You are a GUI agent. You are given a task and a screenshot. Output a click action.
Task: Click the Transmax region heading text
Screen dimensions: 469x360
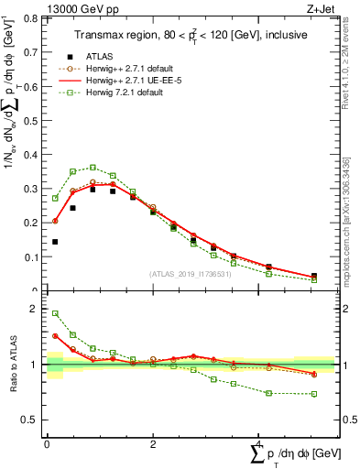(191, 35)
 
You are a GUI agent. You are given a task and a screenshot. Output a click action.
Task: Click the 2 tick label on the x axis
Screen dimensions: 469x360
(152, 444)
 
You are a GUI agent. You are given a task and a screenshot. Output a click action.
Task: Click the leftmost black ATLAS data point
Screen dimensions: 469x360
(55, 242)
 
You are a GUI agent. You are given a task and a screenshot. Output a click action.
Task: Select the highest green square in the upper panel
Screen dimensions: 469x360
(93, 168)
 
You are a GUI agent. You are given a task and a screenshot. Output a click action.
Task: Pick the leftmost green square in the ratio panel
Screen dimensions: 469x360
(55, 313)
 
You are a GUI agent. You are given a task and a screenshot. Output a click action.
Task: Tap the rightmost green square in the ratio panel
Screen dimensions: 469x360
(313, 394)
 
